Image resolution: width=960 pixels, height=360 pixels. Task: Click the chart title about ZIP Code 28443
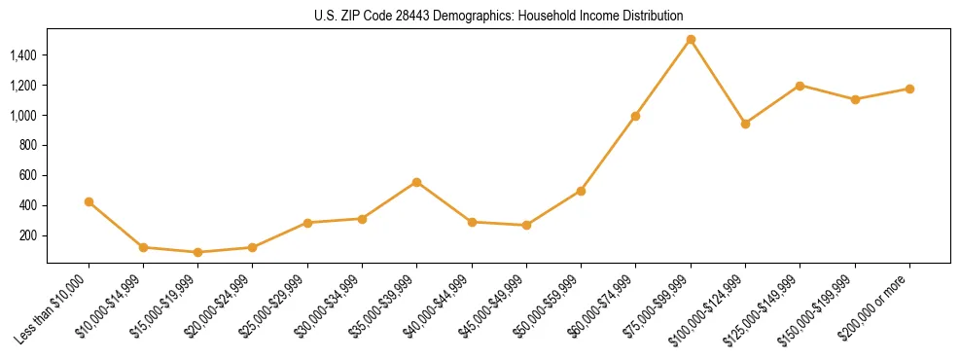(x=498, y=16)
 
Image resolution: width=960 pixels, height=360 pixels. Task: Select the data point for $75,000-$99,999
(x=691, y=40)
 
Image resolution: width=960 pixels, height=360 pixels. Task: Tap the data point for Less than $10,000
(x=89, y=201)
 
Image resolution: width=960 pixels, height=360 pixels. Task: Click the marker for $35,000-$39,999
(x=416, y=182)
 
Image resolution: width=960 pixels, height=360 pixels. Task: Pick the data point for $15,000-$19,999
(x=197, y=252)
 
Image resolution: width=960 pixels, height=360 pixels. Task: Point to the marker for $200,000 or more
(x=909, y=89)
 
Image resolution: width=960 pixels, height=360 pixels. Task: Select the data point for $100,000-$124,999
(x=745, y=124)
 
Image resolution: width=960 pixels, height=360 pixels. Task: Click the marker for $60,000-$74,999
(x=635, y=116)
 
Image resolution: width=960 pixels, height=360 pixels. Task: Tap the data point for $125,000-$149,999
(x=800, y=86)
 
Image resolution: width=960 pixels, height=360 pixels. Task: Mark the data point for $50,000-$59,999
(x=581, y=191)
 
